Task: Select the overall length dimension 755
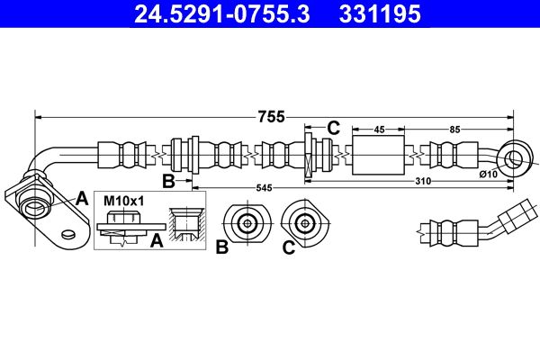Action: point(270,116)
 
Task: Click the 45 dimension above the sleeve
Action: point(379,130)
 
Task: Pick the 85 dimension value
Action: point(454,130)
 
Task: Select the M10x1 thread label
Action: point(123,200)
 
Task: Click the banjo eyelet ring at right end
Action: point(516,160)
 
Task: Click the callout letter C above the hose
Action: point(332,128)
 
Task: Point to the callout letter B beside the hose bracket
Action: point(168,182)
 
